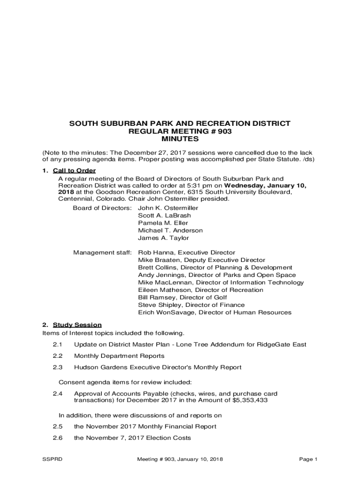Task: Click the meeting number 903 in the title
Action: (224, 131)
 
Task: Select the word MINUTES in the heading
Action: (180, 139)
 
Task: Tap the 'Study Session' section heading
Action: (77, 325)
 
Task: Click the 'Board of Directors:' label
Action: (102, 208)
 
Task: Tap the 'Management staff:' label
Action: (102, 253)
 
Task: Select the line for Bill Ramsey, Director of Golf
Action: (182, 298)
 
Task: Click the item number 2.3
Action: (58, 368)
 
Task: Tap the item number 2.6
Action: (58, 438)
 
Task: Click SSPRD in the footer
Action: (52, 459)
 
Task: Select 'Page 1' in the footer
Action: (308, 459)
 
